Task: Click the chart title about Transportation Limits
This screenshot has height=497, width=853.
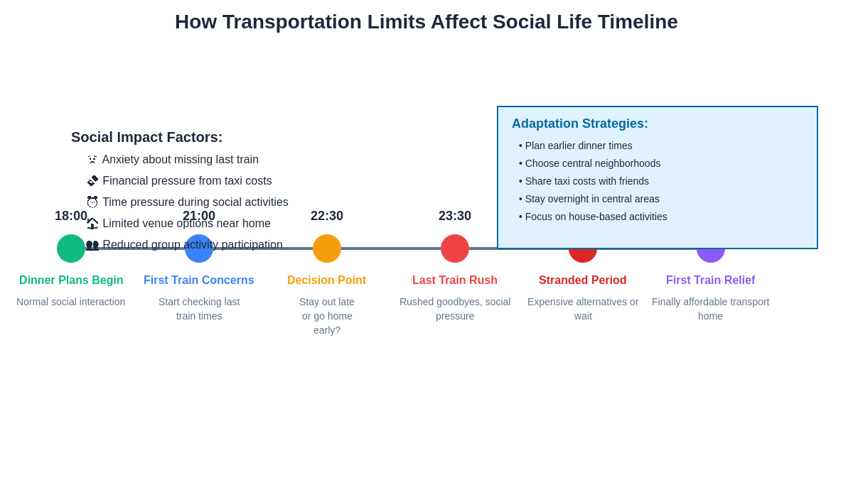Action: click(426, 22)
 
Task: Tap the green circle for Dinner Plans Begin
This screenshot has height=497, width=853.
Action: click(71, 248)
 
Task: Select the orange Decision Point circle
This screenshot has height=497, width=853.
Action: click(327, 248)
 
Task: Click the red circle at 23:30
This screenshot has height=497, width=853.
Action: click(455, 248)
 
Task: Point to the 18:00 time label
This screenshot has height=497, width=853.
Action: click(71, 216)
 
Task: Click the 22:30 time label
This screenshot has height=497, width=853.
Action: click(327, 216)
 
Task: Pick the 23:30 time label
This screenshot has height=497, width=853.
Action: click(455, 216)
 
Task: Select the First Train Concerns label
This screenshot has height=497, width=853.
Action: click(199, 280)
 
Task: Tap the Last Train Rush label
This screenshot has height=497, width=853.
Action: click(455, 280)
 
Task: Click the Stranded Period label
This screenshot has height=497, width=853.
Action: click(583, 280)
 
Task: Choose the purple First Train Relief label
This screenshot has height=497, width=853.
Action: click(710, 280)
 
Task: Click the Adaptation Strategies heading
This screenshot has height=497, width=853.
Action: click(580, 124)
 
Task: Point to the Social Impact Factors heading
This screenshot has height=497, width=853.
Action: click(147, 137)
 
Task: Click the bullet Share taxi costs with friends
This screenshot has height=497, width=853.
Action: click(584, 181)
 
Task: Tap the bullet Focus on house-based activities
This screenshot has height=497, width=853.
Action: click(594, 217)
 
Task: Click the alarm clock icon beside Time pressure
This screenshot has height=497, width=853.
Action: click(92, 202)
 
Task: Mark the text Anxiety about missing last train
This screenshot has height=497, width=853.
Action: click(181, 160)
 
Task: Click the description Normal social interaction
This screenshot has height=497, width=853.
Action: click(71, 302)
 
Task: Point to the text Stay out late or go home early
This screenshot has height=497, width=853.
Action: click(327, 316)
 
